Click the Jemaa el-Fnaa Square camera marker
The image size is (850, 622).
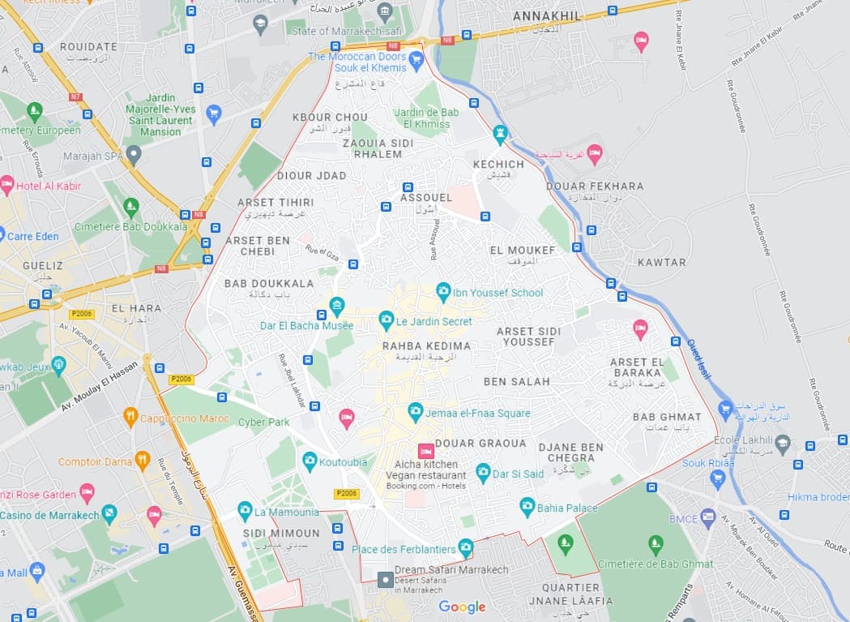click(x=416, y=413)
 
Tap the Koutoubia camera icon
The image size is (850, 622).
click(x=310, y=462)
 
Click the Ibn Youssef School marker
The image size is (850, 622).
click(x=443, y=292)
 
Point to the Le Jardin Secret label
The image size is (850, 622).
click(x=434, y=321)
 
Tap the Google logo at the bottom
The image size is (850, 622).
click(x=462, y=607)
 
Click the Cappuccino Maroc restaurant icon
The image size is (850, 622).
click(x=130, y=418)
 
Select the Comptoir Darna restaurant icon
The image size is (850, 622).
click(x=143, y=461)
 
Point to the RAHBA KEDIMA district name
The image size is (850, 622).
click(x=426, y=346)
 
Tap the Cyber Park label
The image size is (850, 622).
click(x=263, y=422)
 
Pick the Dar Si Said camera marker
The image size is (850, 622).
click(x=484, y=473)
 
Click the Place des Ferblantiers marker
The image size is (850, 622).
click(x=466, y=548)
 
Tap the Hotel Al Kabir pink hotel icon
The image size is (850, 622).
click(x=7, y=185)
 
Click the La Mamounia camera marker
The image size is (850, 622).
click(x=245, y=512)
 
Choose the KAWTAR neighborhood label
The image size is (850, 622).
click(x=661, y=262)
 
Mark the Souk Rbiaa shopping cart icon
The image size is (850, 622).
click(x=717, y=478)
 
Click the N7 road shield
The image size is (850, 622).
click(x=75, y=97)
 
